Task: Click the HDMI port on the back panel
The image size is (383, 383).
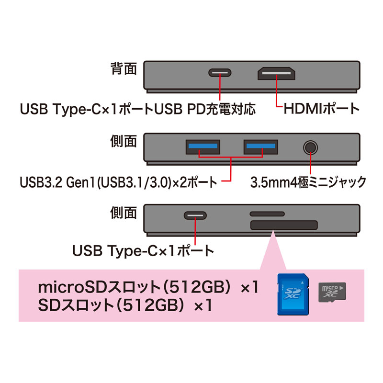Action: pyautogui.click(x=276, y=73)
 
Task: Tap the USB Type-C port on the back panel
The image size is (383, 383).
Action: pyautogui.click(x=220, y=73)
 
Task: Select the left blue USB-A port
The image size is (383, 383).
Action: pyautogui.click(x=203, y=147)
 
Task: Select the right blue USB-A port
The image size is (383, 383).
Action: pyautogui.click(x=260, y=147)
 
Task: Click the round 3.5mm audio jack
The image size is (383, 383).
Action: pyautogui.click(x=310, y=147)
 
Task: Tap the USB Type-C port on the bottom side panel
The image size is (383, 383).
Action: pyautogui.click(x=195, y=215)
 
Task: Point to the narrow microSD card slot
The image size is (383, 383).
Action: pyautogui.click(x=267, y=214)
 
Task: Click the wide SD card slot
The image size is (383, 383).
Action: pyautogui.click(x=284, y=225)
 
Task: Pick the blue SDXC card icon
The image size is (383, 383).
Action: pyautogui.click(x=293, y=294)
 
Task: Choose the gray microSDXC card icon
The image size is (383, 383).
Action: pyautogui.click(x=332, y=293)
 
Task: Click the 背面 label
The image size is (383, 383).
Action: pyautogui.click(x=124, y=68)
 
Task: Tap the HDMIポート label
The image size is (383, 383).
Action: pyautogui.click(x=321, y=109)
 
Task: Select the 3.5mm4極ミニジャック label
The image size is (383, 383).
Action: pyautogui.click(x=308, y=182)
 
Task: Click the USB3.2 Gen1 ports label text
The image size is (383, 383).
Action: pyautogui.click(x=118, y=182)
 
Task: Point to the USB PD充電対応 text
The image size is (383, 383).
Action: pyautogui.click(x=205, y=109)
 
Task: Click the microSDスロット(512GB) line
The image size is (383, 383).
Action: pyautogui.click(x=148, y=287)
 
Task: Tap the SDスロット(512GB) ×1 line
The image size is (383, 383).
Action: pyautogui.click(x=125, y=305)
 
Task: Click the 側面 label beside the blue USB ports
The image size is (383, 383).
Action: pyautogui.click(x=124, y=141)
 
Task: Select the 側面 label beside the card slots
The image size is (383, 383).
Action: pyautogui.click(x=124, y=213)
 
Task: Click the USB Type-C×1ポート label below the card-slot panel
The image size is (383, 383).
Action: pyautogui.click(x=143, y=251)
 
